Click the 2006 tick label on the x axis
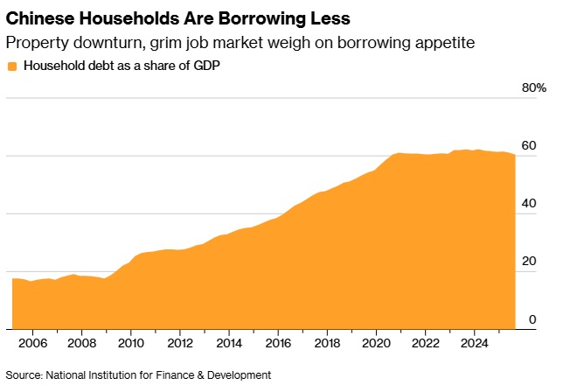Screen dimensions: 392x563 tap(32, 343)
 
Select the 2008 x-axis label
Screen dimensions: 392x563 tap(81, 343)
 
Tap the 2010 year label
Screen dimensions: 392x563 tap(130, 343)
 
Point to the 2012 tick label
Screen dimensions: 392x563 tap(179, 343)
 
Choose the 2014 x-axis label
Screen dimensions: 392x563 tap(228, 343)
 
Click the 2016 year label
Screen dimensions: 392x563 tap(278, 343)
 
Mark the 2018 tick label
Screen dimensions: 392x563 tap(327, 343)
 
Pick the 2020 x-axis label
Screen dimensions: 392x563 tap(376, 343)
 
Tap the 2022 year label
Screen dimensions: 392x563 tap(425, 343)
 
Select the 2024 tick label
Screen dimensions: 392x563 tap(474, 343)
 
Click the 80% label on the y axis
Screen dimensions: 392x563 tap(533, 88)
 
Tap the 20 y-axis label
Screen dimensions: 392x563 tap(528, 262)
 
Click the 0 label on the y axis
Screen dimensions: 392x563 tap(532, 319)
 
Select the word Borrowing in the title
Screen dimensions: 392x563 tap(253, 17)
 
